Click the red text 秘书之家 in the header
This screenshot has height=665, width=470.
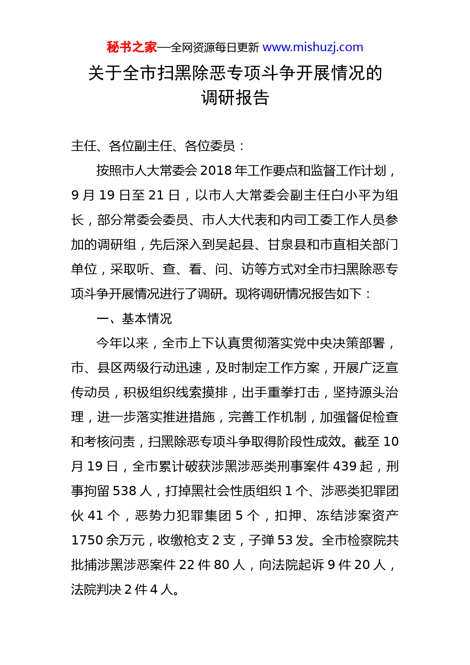[132, 47]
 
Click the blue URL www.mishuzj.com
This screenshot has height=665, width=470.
[313, 47]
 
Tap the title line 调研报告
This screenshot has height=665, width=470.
[235, 98]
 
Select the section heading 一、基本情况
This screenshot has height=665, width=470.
[134, 318]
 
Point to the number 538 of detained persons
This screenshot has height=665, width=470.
[124, 491]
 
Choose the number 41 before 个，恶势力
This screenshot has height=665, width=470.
[96, 516]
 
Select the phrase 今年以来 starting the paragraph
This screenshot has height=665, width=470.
[122, 343]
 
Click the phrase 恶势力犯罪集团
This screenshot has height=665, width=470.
[183, 516]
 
